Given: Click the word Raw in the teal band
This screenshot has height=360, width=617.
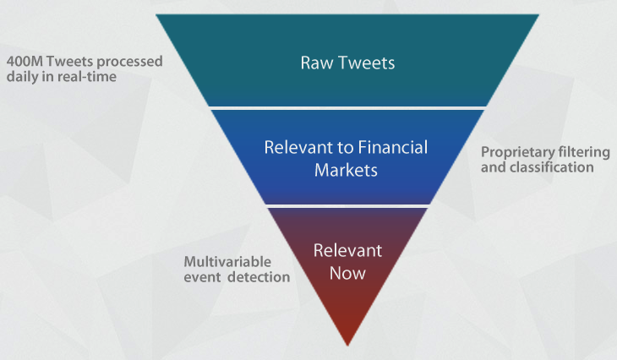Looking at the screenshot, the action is [x=317, y=63].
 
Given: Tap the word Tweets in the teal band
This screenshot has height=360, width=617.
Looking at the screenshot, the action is [x=366, y=63].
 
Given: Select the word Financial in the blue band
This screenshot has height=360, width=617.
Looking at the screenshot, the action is [x=393, y=148].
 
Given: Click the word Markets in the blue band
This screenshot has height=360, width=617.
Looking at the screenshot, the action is [x=346, y=171].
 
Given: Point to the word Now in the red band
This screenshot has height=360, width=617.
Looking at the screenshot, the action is [x=347, y=274].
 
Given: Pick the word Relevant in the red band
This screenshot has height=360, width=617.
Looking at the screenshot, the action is [x=347, y=251].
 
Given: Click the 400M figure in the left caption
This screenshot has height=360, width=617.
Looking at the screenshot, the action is [x=25, y=62].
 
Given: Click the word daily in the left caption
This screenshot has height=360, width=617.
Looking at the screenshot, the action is [x=23, y=77].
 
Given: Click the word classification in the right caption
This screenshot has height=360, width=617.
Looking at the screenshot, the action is [x=551, y=167].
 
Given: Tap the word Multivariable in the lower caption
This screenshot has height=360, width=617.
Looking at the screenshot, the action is [x=227, y=262].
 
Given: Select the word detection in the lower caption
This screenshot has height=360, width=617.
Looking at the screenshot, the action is [x=259, y=277].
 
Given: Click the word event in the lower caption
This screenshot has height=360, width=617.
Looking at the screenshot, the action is [x=202, y=277].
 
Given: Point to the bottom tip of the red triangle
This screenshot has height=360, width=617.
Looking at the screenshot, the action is [x=347, y=346].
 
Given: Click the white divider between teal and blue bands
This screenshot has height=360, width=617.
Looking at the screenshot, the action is [x=347, y=108].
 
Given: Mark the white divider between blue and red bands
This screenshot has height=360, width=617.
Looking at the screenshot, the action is [x=347, y=206].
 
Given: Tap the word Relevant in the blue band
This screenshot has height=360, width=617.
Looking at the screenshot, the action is [x=298, y=148].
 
